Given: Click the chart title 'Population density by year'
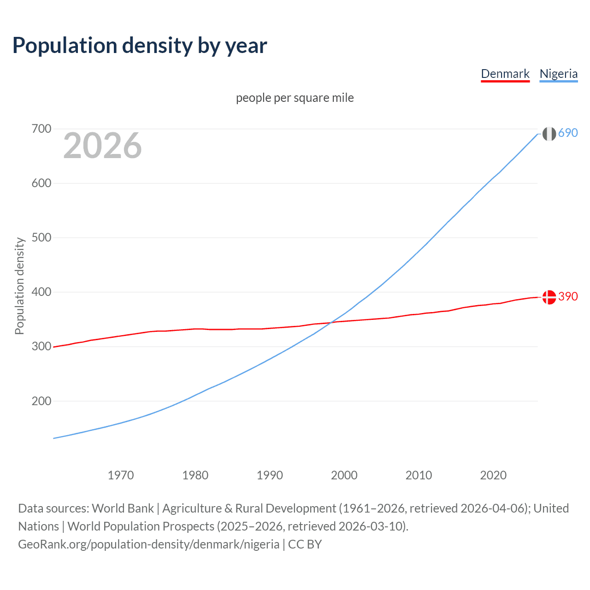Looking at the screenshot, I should pyautogui.click(x=140, y=46).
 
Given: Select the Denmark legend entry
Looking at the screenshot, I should pyautogui.click(x=505, y=74).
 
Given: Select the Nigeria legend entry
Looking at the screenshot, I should pyautogui.click(x=558, y=74).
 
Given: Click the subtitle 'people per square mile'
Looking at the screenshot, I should pyautogui.click(x=295, y=98).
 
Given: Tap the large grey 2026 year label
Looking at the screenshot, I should pyautogui.click(x=102, y=146).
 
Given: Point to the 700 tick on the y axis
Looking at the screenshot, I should pyautogui.click(x=41, y=129).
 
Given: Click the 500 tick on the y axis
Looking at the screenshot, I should pyautogui.click(x=41, y=237).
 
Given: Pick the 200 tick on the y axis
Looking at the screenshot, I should pyautogui.click(x=41, y=401).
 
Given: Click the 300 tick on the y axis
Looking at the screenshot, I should pyautogui.click(x=41, y=346).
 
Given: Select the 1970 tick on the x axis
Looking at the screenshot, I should pyautogui.click(x=121, y=475).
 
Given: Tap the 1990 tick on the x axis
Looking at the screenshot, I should pyautogui.click(x=270, y=475).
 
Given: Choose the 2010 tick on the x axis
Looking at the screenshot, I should pyautogui.click(x=419, y=475).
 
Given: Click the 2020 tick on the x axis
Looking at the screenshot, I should pyautogui.click(x=493, y=475).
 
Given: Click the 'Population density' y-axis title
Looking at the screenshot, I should pyautogui.click(x=19, y=286).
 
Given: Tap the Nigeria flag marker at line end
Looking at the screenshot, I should pyautogui.click(x=549, y=134).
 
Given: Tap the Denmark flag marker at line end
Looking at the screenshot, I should pyautogui.click(x=549, y=297).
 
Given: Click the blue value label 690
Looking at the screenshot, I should pyautogui.click(x=568, y=133).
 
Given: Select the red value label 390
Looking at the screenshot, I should pyautogui.click(x=568, y=296).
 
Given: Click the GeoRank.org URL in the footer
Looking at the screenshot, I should pyautogui.click(x=148, y=544).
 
